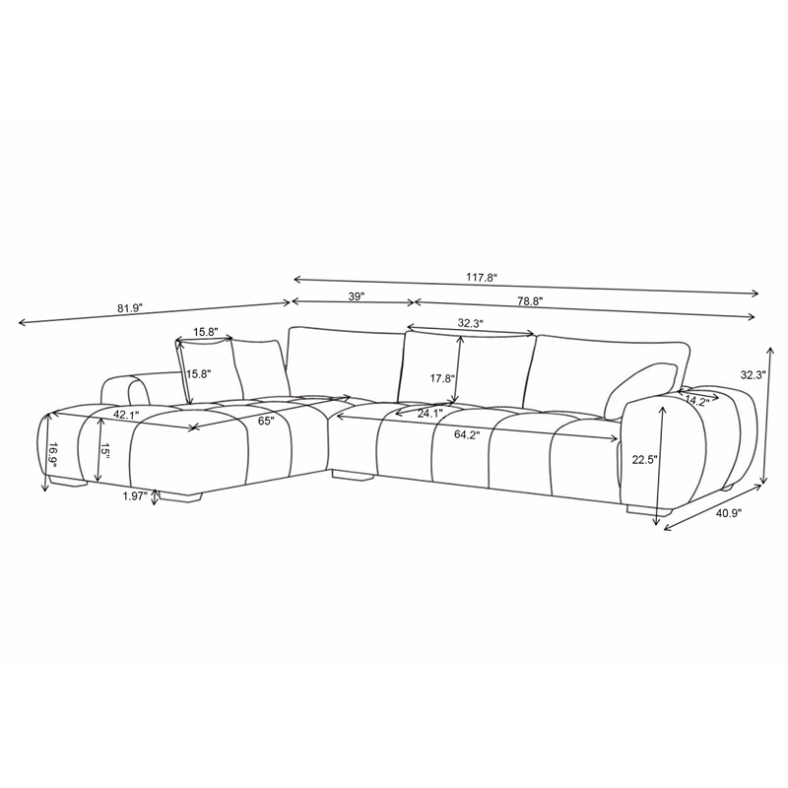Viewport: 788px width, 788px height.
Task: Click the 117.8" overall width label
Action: pos(481,277)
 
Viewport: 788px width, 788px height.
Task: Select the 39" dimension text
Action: pos(356,296)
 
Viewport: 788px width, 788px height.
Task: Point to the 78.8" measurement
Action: pos(529,301)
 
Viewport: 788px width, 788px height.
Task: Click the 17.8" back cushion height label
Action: pos(442,378)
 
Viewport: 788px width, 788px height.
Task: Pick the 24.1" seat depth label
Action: pos(429,414)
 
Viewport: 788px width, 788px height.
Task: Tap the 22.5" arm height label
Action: pos(645,459)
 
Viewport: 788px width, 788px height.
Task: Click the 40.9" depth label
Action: pos(728,513)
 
